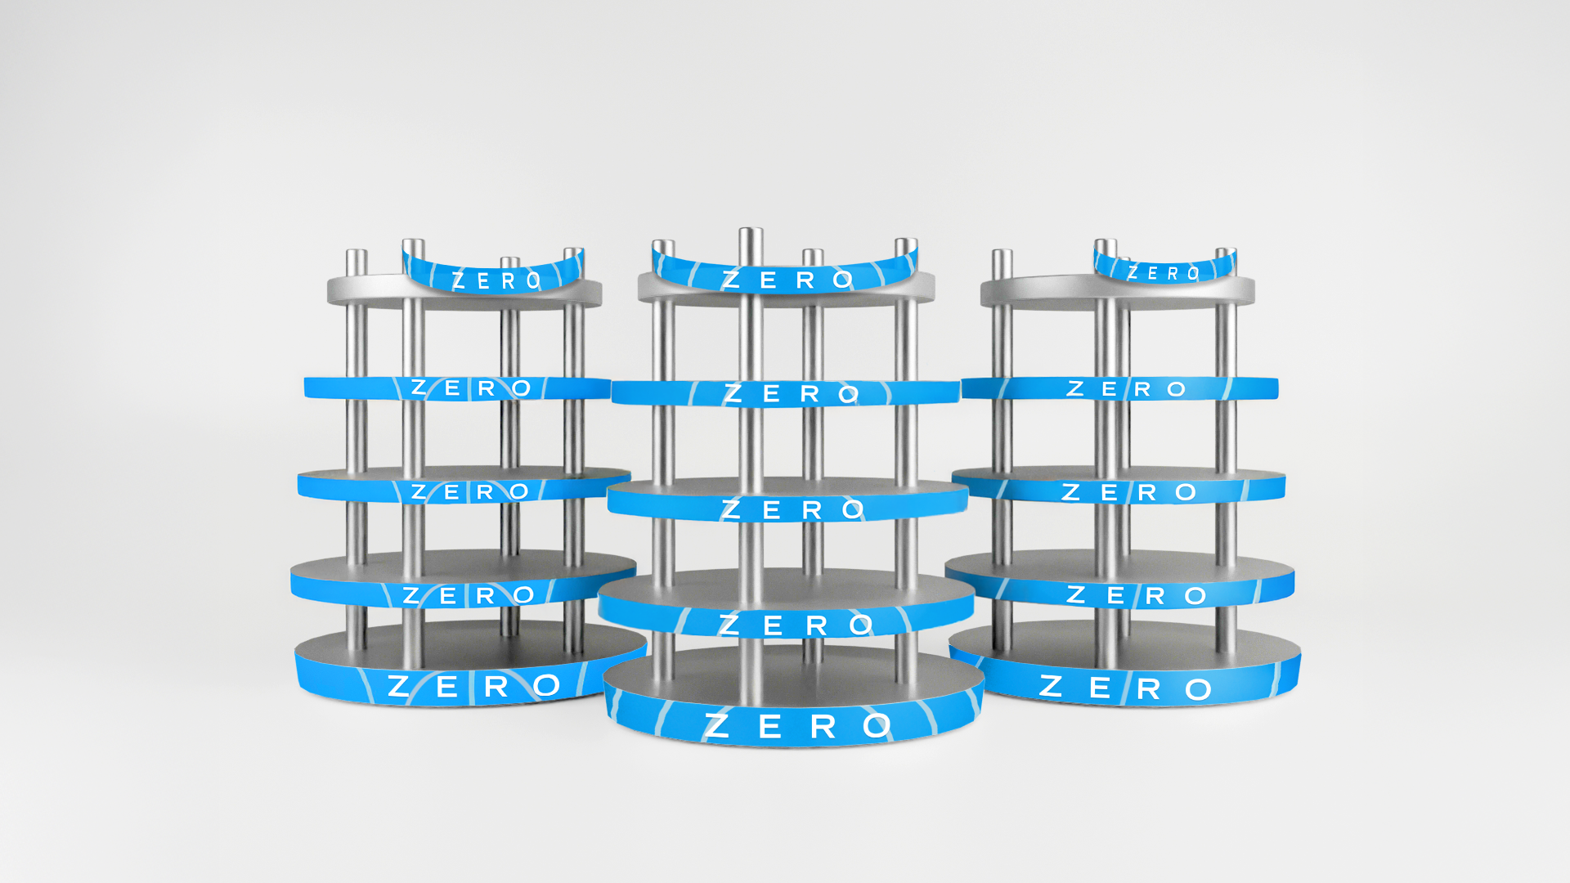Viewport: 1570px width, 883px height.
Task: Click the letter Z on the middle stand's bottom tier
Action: coord(717,726)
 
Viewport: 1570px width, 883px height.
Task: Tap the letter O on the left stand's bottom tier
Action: coord(546,686)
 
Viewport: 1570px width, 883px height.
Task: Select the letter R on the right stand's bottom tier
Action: coord(1149,690)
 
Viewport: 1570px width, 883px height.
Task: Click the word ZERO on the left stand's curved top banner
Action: coord(496,281)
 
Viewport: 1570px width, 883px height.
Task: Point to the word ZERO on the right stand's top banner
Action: coord(1164,273)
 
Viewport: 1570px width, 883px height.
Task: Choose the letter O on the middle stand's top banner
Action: coord(843,280)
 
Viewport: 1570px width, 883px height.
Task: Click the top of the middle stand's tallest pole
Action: coord(751,232)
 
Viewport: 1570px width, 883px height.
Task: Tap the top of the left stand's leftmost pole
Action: coord(357,253)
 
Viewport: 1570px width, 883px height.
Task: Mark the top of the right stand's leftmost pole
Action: coord(1003,253)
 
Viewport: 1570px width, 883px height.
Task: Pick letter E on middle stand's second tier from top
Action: coord(771,394)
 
